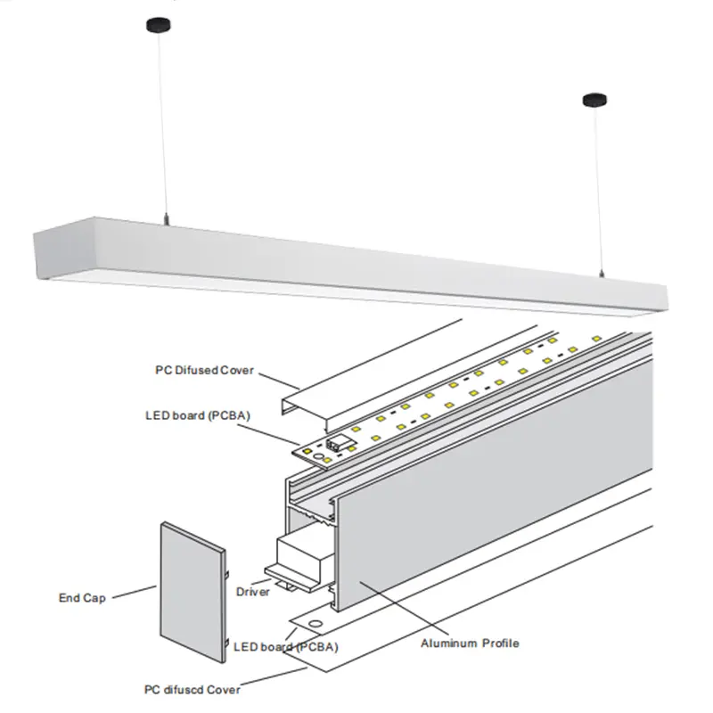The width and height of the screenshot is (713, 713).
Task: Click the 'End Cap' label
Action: coord(81,598)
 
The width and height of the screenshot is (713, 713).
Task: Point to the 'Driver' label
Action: coord(253,591)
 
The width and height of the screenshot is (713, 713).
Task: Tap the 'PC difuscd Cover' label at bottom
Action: coord(193,689)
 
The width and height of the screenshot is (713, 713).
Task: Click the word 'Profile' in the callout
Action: coord(498,643)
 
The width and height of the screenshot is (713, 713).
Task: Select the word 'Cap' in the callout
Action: coord(94,598)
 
